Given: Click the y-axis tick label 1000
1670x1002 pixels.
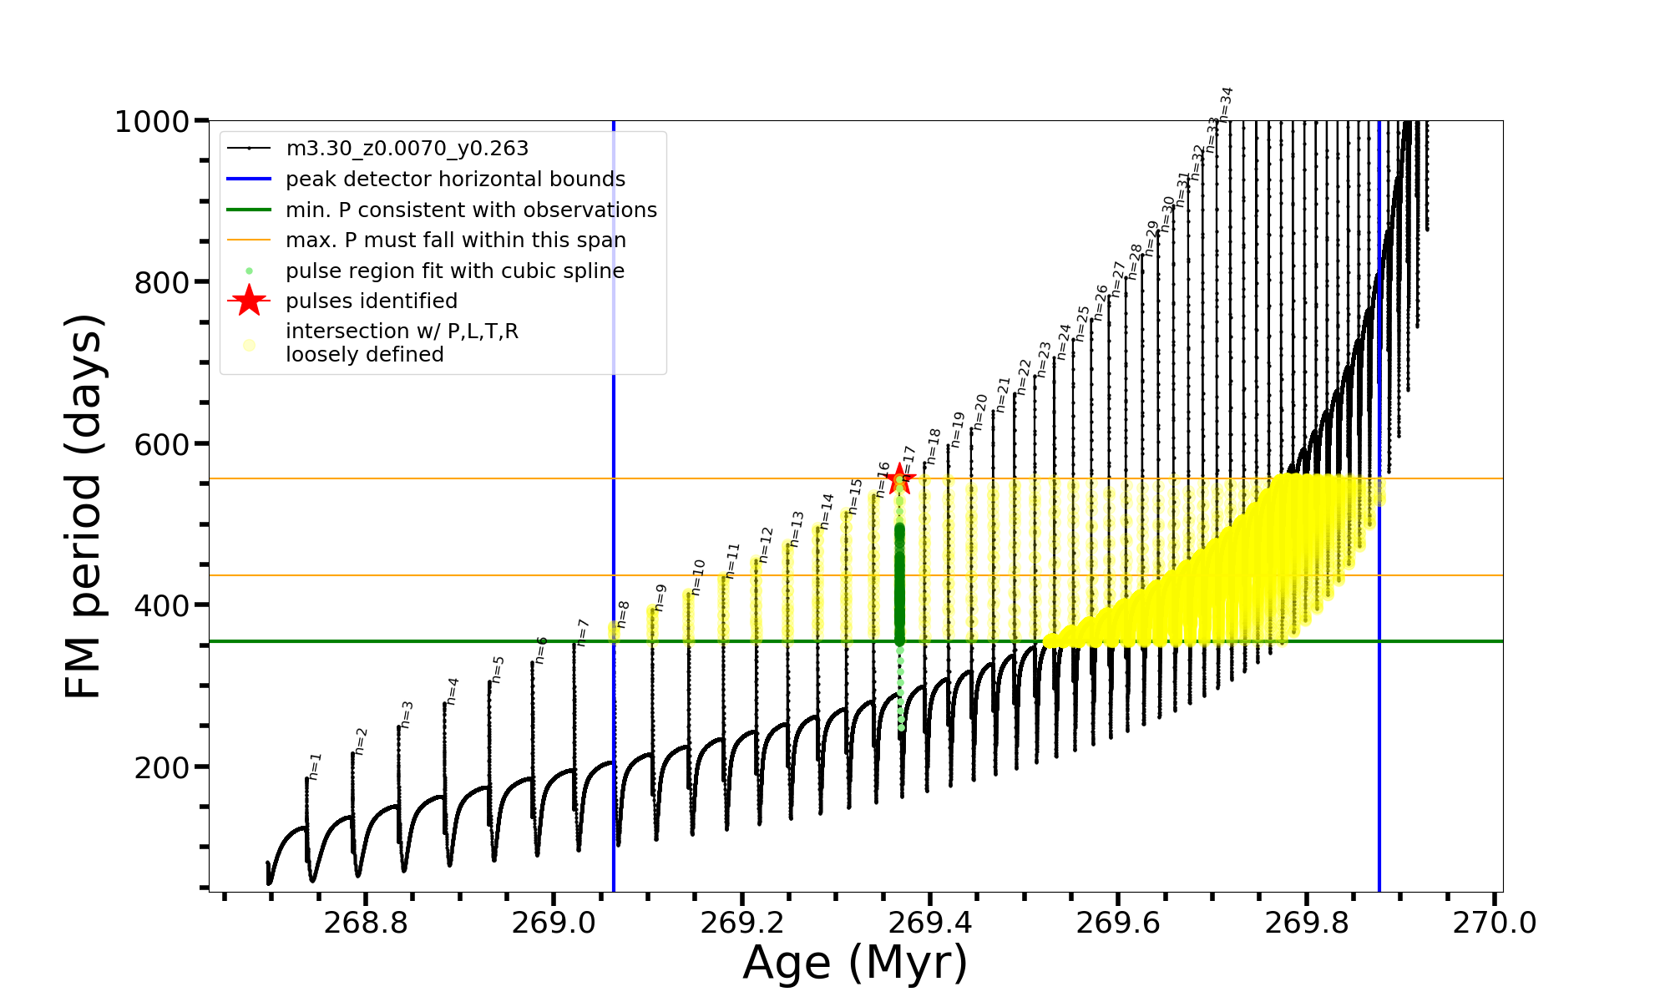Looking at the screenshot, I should click(x=152, y=122).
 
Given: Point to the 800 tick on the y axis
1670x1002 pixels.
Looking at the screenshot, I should click(x=161, y=283).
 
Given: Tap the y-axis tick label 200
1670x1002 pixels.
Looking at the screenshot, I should click(x=161, y=767).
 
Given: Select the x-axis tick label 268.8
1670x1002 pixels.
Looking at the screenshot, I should click(x=365, y=924).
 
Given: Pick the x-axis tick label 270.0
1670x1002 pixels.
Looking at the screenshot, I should click(x=1495, y=924).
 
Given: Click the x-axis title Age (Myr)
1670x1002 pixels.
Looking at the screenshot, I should click(x=855, y=964).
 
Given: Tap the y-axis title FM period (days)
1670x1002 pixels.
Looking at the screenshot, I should click(x=84, y=506).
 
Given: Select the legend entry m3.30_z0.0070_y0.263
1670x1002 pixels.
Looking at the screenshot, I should click(x=407, y=149).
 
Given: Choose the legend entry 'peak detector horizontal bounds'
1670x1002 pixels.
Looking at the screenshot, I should click(x=455, y=180).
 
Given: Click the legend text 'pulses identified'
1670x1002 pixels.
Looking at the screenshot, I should click(x=372, y=301).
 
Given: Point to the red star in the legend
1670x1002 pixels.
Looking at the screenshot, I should click(x=249, y=301).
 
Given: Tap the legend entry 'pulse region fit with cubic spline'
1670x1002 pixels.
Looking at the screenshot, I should click(x=455, y=271).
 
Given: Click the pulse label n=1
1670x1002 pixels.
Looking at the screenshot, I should click(x=315, y=767).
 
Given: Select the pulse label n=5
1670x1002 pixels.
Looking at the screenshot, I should click(x=498, y=670).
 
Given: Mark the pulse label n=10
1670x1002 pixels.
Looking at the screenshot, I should click(x=698, y=577).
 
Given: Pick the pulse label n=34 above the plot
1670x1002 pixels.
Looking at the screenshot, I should click(x=1226, y=104).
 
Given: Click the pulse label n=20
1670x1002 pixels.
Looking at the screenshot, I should click(x=980, y=412).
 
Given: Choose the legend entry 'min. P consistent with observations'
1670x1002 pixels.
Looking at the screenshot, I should click(x=471, y=210).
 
